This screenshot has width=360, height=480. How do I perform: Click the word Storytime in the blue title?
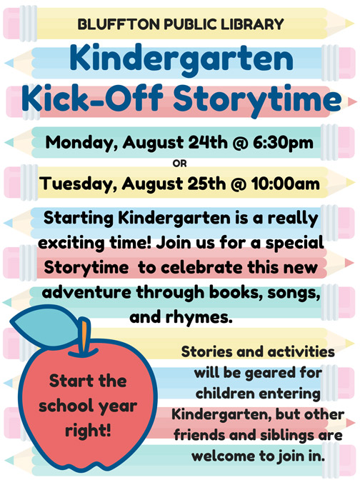(257, 99)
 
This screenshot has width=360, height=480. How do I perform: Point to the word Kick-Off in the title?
(92, 97)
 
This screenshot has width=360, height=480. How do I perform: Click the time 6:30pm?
(283, 143)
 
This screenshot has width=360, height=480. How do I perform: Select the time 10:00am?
(285, 184)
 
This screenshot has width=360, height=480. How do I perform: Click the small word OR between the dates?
(179, 164)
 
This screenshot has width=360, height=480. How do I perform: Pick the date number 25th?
(206, 184)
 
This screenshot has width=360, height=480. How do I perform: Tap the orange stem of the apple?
(84, 337)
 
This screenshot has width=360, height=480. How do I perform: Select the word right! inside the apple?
(88, 431)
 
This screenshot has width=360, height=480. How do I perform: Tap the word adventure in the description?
(87, 292)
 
